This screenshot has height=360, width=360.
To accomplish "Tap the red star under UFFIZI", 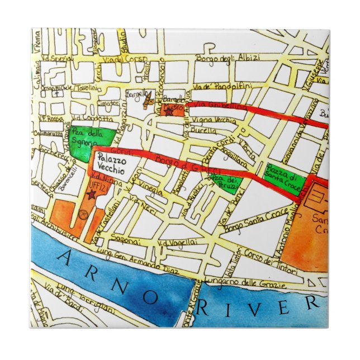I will coord(91,193).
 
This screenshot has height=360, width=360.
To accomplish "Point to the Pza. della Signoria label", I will coord(90,138).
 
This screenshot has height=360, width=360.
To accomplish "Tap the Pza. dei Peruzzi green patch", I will coord(226,181).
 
